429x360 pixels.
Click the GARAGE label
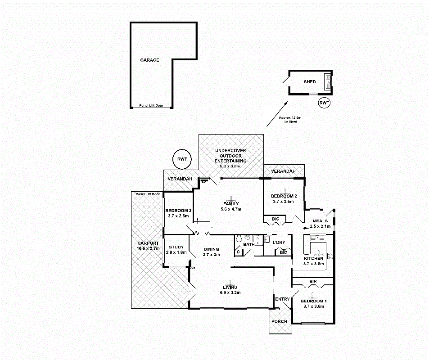[x=149, y=60]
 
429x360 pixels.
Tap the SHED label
[x=310, y=82]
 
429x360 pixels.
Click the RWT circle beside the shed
[x=324, y=103]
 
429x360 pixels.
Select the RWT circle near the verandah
[x=182, y=159]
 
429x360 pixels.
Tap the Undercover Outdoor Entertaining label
[x=230, y=156]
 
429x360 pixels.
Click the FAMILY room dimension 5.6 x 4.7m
[x=231, y=209]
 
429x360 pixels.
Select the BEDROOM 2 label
[x=284, y=196]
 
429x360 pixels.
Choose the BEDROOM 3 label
[x=178, y=211]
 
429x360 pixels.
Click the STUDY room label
[x=176, y=247]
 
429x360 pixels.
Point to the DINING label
[x=211, y=249]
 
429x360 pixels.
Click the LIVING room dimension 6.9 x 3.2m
[x=230, y=292]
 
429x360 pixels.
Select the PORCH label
[x=280, y=321]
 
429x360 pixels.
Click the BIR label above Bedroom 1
[x=313, y=281]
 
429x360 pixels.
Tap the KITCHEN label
[x=313, y=259]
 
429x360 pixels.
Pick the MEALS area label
[x=320, y=220]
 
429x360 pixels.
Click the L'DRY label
[x=279, y=243]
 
